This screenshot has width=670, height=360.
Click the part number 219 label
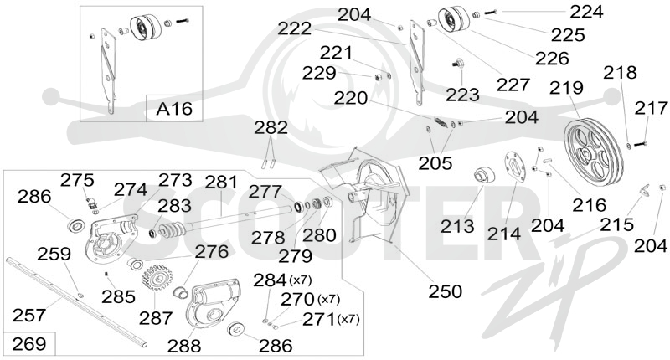566,88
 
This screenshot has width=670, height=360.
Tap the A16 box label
174,109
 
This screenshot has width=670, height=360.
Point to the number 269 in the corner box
29,344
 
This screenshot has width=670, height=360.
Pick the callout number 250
446,291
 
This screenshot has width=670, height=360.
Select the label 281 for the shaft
221,183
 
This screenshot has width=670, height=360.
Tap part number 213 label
457,226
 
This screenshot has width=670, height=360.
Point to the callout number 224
586,12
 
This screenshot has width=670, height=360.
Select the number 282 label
271,128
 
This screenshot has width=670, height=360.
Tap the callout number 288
184,346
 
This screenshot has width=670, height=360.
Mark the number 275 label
77,180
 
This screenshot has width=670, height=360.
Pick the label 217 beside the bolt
652,108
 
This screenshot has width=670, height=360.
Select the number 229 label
320,73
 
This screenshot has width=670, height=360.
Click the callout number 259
54,254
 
